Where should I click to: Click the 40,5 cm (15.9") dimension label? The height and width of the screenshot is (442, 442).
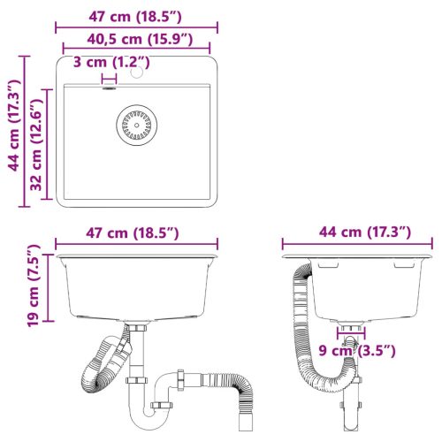[x=134, y=39]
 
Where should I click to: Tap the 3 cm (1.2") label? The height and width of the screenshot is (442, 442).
[x=111, y=62]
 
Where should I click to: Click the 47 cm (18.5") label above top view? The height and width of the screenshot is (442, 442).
[x=134, y=15]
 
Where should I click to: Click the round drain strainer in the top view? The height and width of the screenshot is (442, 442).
[x=135, y=125]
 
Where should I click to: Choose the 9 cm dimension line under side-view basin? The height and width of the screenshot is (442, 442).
[x=350, y=337]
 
